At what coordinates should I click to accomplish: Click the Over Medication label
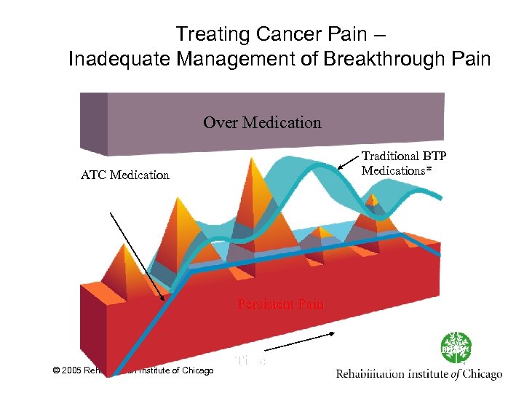(262, 122)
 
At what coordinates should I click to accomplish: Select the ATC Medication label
(125, 175)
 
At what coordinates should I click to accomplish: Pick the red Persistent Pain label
(280, 303)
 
